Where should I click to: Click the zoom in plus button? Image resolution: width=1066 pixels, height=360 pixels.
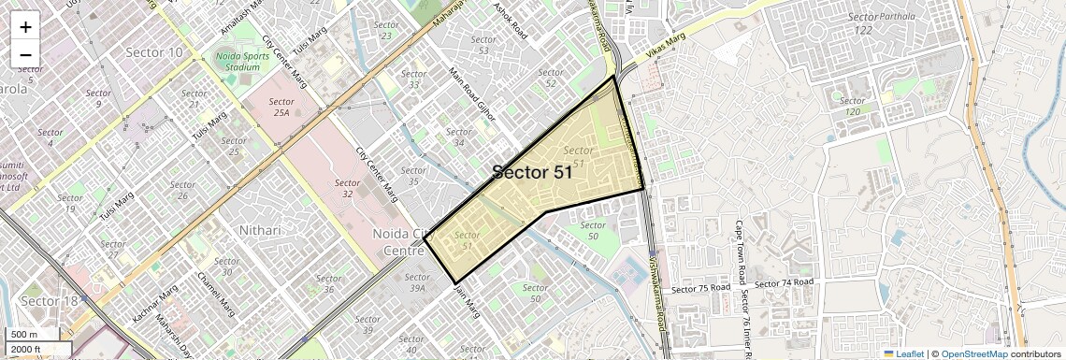tap(25, 26)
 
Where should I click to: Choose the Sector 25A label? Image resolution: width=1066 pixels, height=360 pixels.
tap(281, 107)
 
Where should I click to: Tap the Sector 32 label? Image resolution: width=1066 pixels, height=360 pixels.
tap(347, 188)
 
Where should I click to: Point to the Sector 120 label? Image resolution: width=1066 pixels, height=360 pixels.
tap(851, 106)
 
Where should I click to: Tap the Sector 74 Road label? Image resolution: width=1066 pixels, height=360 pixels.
tap(784, 282)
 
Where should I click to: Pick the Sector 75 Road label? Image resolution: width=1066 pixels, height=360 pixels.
tap(700, 288)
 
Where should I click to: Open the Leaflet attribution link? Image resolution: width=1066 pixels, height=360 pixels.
tap(903, 353)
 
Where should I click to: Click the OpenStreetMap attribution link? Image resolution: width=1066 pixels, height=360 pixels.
tap(973, 353)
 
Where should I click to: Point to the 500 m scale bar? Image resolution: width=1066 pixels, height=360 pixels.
tap(25, 335)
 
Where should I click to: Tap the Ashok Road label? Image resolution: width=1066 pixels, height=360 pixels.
tap(511, 18)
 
